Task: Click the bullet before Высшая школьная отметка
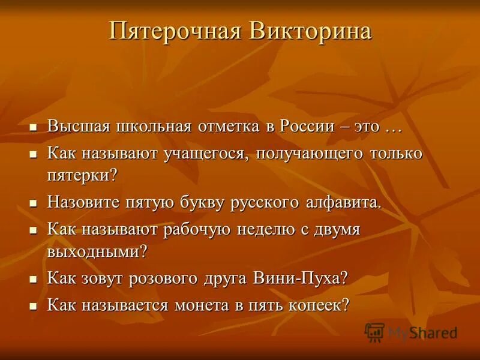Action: [x=34, y=128]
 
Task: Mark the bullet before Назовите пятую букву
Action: [x=34, y=203]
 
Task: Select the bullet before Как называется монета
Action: [x=34, y=305]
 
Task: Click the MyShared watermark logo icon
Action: [x=374, y=332]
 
